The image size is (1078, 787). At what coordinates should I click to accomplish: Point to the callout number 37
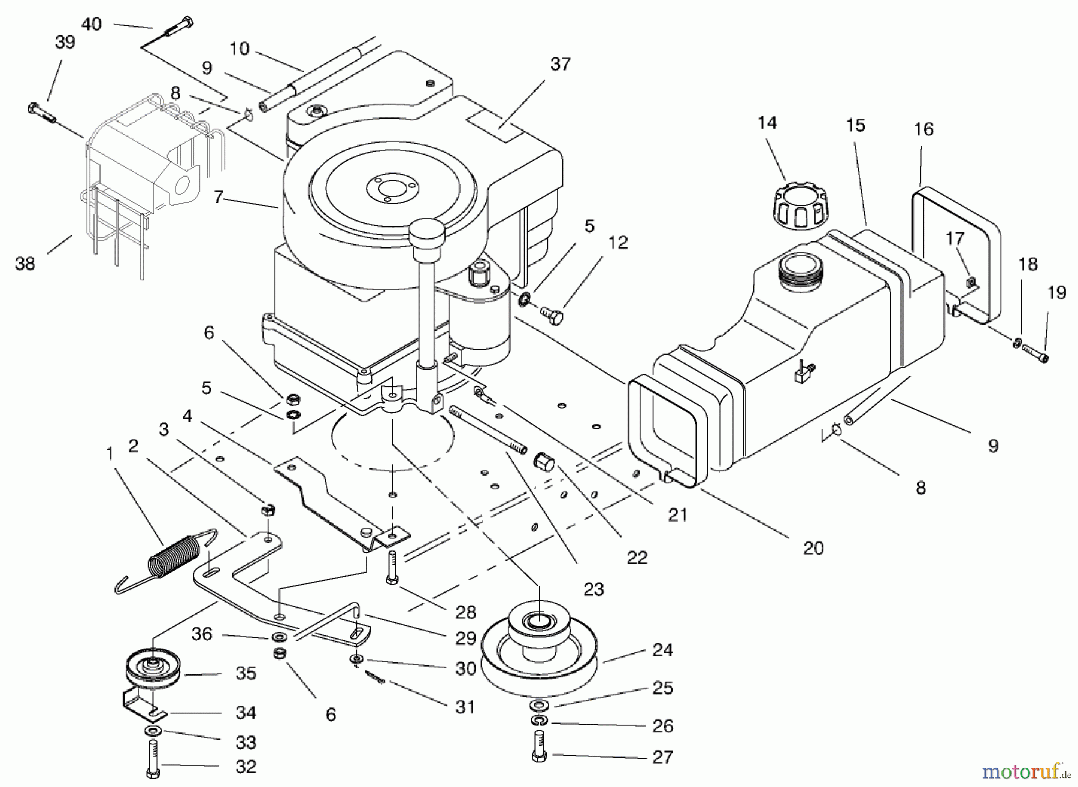tap(560, 64)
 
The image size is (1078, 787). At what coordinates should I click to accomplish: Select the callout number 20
tap(813, 547)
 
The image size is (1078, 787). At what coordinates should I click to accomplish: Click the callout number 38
tap(25, 264)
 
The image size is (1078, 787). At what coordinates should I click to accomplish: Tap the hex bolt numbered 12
tap(552, 314)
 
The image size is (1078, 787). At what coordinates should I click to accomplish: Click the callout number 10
tap(239, 48)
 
